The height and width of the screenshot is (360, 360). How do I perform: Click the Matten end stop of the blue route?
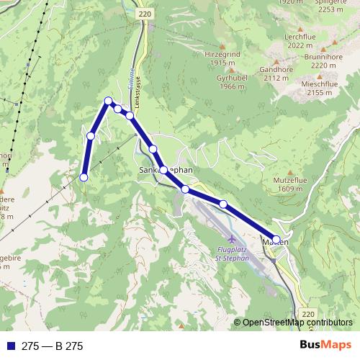click(x=276, y=239)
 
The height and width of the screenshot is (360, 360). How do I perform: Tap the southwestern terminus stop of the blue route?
click(x=84, y=177)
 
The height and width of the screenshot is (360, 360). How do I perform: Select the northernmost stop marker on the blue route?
click(x=108, y=101)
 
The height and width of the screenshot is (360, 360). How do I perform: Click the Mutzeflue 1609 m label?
click(x=274, y=184)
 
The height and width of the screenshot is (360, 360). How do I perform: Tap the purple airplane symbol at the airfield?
click(x=230, y=238)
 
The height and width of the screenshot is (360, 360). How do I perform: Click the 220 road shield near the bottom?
click(x=309, y=315)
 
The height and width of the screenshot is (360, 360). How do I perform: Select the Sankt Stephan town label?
click(x=166, y=170)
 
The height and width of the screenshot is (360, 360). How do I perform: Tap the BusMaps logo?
click(x=325, y=346)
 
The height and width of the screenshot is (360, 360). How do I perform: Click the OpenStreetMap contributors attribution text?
click(x=297, y=323)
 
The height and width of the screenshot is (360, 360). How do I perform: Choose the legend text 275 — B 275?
click(x=53, y=346)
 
